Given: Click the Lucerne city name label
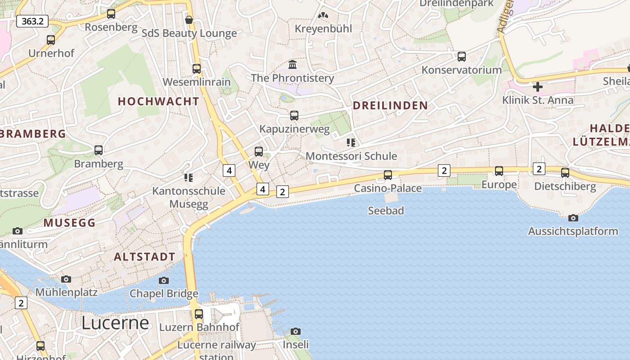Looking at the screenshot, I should pyautogui.click(x=115, y=323).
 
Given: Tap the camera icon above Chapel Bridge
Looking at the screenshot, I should pyautogui.click(x=164, y=280).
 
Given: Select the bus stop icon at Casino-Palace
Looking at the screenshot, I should pyautogui.click(x=388, y=175).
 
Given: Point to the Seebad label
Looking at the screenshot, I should pyautogui.click(x=386, y=211).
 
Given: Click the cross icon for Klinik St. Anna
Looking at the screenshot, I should pyautogui.click(x=537, y=86).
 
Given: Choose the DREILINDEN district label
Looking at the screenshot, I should pyautogui.click(x=390, y=106).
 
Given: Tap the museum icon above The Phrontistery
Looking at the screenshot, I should pyautogui.click(x=292, y=65).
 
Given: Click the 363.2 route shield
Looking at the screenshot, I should pyautogui.click(x=32, y=21).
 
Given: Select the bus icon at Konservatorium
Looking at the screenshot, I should pyautogui.click(x=461, y=57).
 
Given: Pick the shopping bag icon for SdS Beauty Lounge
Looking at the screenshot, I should pyautogui.click(x=189, y=20).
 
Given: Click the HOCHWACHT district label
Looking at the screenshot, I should pyautogui.click(x=158, y=102).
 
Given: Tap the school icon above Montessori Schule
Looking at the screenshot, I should pyautogui.click(x=351, y=143).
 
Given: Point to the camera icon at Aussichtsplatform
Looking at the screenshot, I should pyautogui.click(x=573, y=218).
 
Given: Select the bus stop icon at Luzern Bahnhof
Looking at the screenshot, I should pyautogui.click(x=199, y=314).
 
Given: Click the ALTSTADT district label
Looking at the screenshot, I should pyautogui.click(x=144, y=257).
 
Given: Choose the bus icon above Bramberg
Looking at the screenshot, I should pyautogui.click(x=99, y=150).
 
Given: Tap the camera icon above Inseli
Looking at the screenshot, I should pyautogui.click(x=295, y=331).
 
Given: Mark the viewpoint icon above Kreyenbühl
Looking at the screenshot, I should pyautogui.click(x=323, y=15).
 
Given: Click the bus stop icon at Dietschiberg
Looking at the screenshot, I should pyautogui.click(x=565, y=172).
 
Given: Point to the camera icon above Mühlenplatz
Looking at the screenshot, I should pyautogui.click(x=66, y=279).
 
